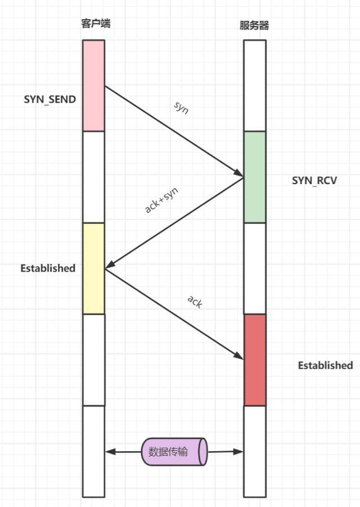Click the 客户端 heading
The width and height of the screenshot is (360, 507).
(x=94, y=24)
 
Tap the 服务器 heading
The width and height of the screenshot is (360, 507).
(x=254, y=26)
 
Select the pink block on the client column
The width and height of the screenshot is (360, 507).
(x=93, y=85)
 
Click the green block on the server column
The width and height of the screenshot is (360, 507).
(x=255, y=177)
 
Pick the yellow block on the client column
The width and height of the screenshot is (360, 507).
(x=93, y=268)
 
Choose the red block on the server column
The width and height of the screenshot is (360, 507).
(x=255, y=360)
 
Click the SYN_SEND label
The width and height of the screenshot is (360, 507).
(x=49, y=99)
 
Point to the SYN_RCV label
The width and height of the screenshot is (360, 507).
(x=314, y=181)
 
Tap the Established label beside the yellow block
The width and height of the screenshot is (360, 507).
(x=48, y=268)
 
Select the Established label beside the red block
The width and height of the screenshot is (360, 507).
(x=325, y=365)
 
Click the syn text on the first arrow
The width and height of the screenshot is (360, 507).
(x=182, y=108)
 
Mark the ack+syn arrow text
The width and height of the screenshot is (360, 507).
(x=162, y=199)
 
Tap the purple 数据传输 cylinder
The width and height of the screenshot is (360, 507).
(x=175, y=451)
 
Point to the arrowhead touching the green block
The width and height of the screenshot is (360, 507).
(x=240, y=175)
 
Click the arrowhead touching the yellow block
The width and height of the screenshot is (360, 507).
(x=109, y=264)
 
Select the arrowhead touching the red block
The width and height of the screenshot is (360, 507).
(x=240, y=356)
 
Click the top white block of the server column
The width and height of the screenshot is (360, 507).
(x=255, y=85)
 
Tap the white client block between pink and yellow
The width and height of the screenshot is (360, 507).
(x=93, y=177)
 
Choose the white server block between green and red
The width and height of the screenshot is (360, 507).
(x=255, y=268)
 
